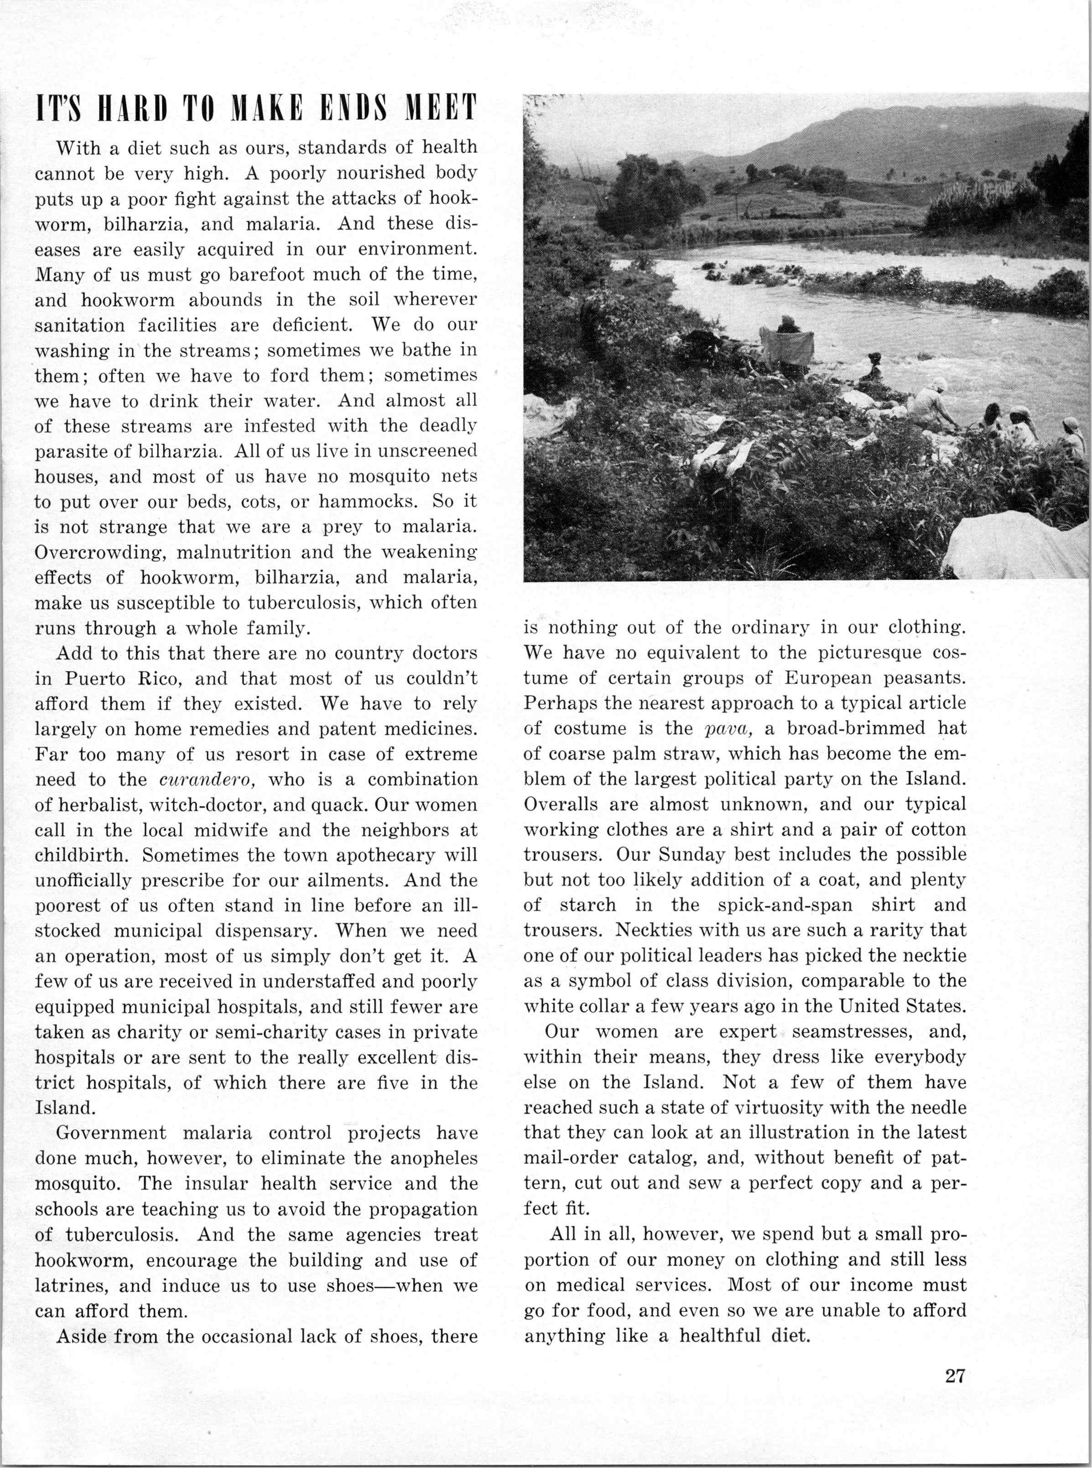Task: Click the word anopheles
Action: click(x=428, y=1159)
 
